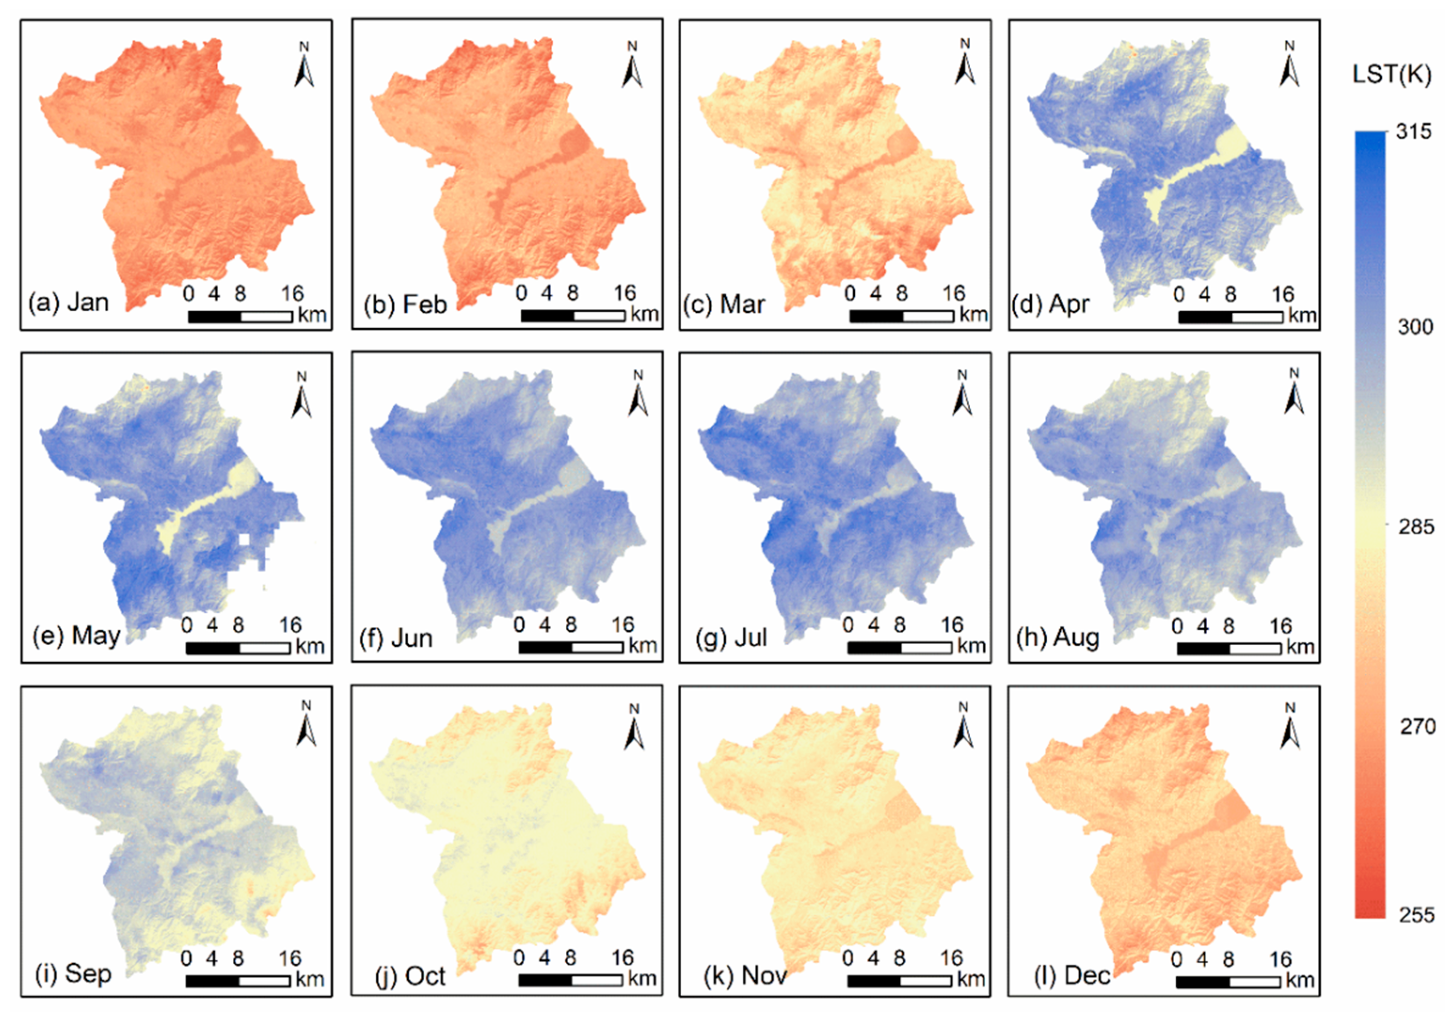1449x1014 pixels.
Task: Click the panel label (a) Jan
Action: [68, 302]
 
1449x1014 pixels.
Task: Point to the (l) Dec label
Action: [1072, 976]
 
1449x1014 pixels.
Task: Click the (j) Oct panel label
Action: [410, 976]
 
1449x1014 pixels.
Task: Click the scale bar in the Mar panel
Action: [901, 316]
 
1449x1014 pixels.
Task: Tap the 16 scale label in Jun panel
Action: [622, 625]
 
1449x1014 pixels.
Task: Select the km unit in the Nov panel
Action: [971, 978]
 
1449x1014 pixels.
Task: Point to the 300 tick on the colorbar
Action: [1415, 327]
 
